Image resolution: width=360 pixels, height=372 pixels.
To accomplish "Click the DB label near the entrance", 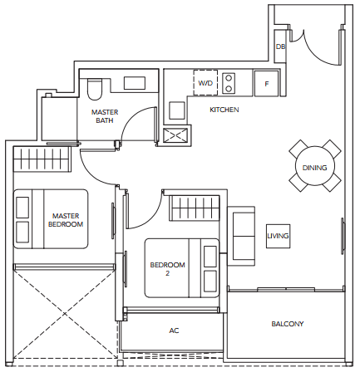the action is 280,46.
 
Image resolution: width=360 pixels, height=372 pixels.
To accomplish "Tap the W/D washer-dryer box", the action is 205,83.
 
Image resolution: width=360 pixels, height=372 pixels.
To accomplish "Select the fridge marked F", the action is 266,84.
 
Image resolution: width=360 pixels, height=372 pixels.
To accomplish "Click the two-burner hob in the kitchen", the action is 229,83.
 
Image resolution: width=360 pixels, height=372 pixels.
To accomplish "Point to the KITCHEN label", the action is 224,110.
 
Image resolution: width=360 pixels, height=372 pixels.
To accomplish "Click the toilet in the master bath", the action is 95,89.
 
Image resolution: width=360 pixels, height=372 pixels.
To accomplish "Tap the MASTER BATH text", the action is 105,116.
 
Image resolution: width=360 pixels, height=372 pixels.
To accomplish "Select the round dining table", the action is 315,166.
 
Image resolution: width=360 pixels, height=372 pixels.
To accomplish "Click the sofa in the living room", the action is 241,236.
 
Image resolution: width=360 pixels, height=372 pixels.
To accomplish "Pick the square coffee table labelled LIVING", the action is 278,236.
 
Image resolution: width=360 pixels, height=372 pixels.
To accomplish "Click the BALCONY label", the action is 288,324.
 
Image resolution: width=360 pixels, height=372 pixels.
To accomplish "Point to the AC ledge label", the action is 174,330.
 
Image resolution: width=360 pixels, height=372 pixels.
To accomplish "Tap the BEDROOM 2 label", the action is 167,269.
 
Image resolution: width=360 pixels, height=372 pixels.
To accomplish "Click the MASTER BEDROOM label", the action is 66,220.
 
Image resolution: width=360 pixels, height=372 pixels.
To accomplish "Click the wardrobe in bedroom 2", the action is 195,208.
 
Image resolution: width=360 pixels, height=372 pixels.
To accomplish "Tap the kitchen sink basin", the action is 177,110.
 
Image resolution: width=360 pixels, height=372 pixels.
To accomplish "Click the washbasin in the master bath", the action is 135,83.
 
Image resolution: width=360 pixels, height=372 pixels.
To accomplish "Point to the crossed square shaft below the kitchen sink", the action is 175,135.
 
